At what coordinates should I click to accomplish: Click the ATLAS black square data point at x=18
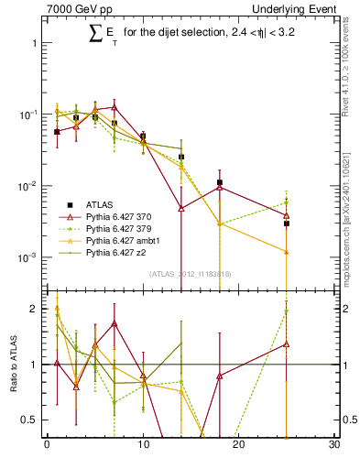[x=219, y=183]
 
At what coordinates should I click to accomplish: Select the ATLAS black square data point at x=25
[x=287, y=223]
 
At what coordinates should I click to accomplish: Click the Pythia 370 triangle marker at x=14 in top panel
[x=181, y=208]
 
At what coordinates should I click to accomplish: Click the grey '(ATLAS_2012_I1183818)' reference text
[x=191, y=274]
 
